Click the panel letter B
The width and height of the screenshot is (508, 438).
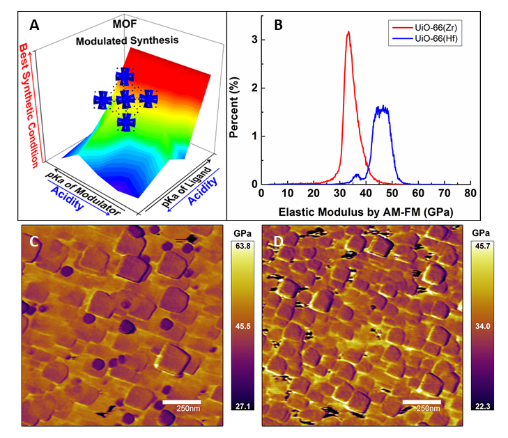pos(278,26)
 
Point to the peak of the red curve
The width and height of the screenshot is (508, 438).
pos(348,32)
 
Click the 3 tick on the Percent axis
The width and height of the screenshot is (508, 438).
pos(254,40)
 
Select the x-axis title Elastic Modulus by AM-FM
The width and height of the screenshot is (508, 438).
pos(365,208)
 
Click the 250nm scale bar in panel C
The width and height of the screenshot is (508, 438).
pos(181,403)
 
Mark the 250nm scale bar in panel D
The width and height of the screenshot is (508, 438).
pos(421,403)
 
